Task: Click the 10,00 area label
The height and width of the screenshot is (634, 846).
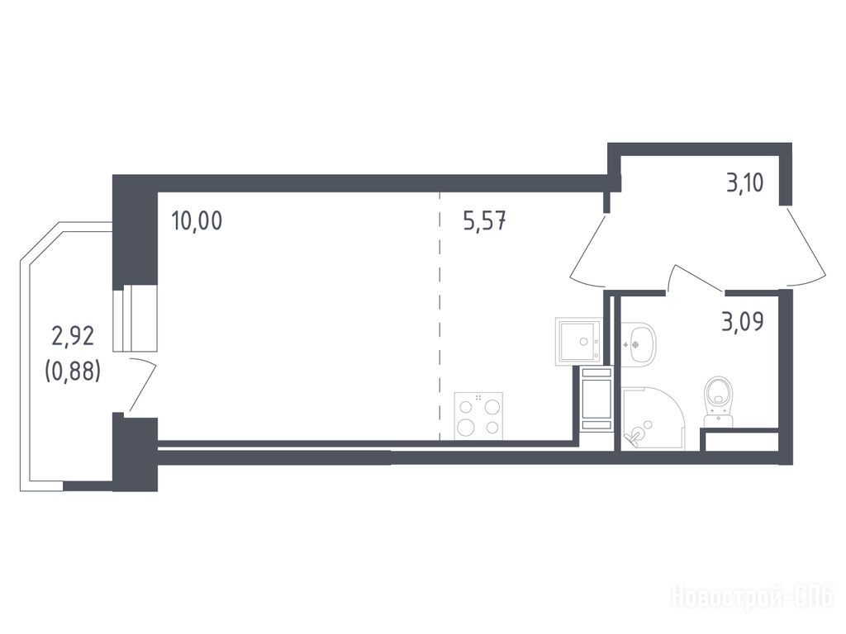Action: tap(197, 221)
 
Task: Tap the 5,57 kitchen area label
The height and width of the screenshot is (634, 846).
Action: tap(484, 221)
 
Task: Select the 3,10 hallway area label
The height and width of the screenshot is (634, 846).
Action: tap(744, 183)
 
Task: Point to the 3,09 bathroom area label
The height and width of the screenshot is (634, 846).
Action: tap(743, 322)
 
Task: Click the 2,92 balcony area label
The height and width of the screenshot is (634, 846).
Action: tap(73, 336)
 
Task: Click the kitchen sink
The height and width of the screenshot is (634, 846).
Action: tap(577, 341)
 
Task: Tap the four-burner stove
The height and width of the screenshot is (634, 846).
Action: tap(478, 416)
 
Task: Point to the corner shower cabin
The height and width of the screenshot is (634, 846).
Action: tap(654, 418)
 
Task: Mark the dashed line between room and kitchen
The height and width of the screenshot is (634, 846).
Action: tap(440, 316)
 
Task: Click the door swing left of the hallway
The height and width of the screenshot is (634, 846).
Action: tap(590, 249)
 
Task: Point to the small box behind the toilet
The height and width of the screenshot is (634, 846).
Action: tap(742, 441)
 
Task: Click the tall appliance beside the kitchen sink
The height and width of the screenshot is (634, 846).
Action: tap(596, 399)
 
